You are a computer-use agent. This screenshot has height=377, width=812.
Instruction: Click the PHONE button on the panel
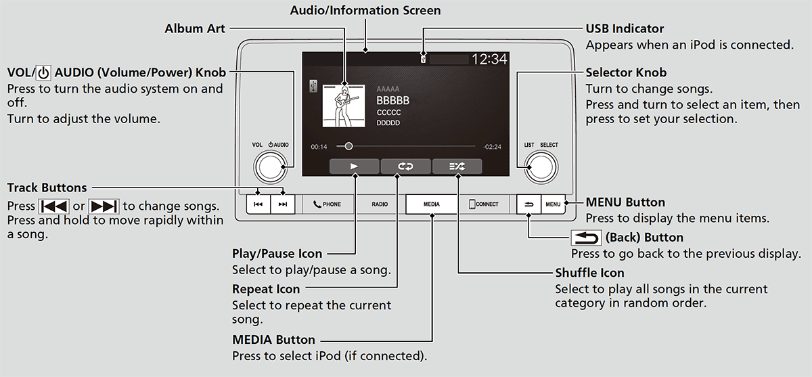pos(328,204)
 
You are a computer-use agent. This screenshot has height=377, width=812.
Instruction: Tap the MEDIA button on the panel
pos(432,204)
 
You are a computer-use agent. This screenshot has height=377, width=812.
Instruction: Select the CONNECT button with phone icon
pos(483,204)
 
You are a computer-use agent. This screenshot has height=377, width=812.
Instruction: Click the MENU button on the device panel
pos(553,204)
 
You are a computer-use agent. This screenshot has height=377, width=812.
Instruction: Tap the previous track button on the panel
pos(258,204)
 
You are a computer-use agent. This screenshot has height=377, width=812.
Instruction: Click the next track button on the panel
pos(283,204)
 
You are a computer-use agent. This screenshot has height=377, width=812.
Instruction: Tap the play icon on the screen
pos(354,167)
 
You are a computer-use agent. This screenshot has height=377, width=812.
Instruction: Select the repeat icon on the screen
pos(405,167)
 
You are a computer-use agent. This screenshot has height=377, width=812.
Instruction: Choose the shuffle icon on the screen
pos(457,167)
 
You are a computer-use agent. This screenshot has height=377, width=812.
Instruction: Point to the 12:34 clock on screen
pos(489,60)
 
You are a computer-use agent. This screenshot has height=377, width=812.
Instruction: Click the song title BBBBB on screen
pos(393,101)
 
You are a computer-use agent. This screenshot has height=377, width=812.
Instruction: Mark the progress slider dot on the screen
pos(348,146)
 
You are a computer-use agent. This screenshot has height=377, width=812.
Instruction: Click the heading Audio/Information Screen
pos(365,11)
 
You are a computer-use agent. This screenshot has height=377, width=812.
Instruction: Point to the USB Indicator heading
pos(625,28)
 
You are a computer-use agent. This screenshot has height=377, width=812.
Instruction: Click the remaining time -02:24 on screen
pos(492,147)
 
